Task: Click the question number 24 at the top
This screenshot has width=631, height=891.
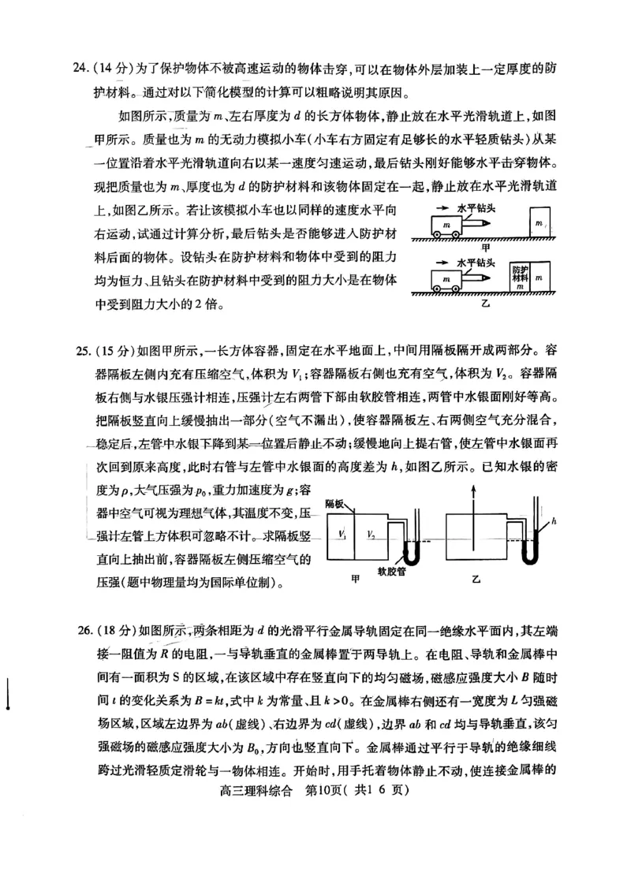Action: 80,68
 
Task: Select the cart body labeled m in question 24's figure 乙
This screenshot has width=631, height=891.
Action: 446,279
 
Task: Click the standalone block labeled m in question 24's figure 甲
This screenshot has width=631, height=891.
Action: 540,224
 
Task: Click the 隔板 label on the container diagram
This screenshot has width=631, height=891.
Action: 334,502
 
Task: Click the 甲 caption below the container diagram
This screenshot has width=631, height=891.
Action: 357,580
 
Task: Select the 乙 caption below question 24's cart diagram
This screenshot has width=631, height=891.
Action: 486,303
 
